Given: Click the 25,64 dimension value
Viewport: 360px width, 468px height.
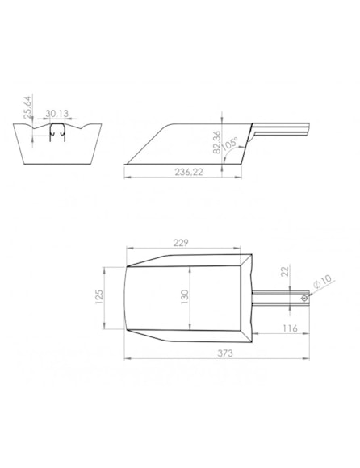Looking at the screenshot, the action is pyautogui.click(x=27, y=107).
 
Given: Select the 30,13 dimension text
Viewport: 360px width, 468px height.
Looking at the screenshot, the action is pyautogui.click(x=57, y=114).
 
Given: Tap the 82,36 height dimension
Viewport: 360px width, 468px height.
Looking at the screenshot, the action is pyautogui.click(x=217, y=142).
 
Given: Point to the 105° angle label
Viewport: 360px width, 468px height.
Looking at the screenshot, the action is pyautogui.click(x=230, y=143).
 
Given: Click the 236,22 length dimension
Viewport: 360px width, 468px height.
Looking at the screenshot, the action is pyautogui.click(x=189, y=172).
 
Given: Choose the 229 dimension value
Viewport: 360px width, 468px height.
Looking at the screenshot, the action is pyautogui.click(x=181, y=243).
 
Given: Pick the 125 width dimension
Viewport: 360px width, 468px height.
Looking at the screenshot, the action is pyautogui.click(x=98, y=297).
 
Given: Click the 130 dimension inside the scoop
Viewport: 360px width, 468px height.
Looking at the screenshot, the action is pyautogui.click(x=185, y=297).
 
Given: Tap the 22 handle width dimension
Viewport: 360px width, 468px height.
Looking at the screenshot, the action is pyautogui.click(x=285, y=271).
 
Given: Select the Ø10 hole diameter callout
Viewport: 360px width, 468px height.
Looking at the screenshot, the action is pyautogui.click(x=323, y=281).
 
